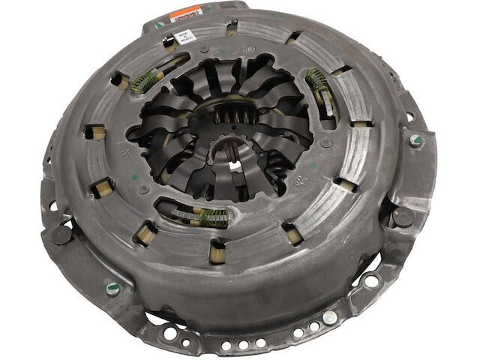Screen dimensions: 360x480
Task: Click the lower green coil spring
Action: [x=212, y=218]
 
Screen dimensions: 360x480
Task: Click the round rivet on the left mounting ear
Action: [x=61, y=234]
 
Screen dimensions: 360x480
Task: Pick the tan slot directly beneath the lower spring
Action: [x=217, y=248]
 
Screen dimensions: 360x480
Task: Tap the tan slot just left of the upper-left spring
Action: [x=118, y=78]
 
